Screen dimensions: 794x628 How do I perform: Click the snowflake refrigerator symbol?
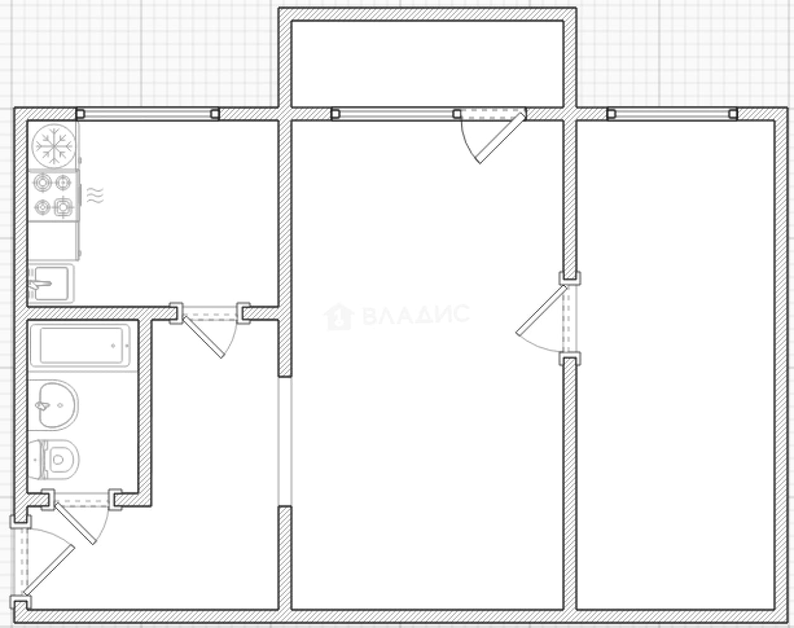click(53, 146)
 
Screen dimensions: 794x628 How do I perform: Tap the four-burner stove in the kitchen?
click(54, 195)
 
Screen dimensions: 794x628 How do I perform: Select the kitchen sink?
click(51, 284)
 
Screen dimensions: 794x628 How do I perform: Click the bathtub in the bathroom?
click(80, 346)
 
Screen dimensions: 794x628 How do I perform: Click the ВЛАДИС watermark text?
click(416, 315)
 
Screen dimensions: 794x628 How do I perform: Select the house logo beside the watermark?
click(339, 317)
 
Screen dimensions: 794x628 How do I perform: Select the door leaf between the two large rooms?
click(541, 310)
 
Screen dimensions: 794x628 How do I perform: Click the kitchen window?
click(148, 114)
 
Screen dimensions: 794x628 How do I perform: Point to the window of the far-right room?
click(672, 114)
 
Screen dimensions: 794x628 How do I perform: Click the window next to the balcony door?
click(396, 114)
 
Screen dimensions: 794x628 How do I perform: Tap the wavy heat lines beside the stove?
click(95, 195)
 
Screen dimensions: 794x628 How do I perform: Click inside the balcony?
click(427, 64)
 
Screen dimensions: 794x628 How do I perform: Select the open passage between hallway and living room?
click(285, 441)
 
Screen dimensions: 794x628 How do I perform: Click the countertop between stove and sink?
click(54, 241)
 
